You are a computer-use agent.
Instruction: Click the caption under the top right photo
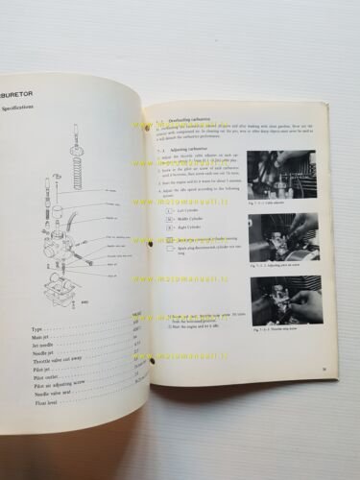pyautogui.click(x=270, y=203)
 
